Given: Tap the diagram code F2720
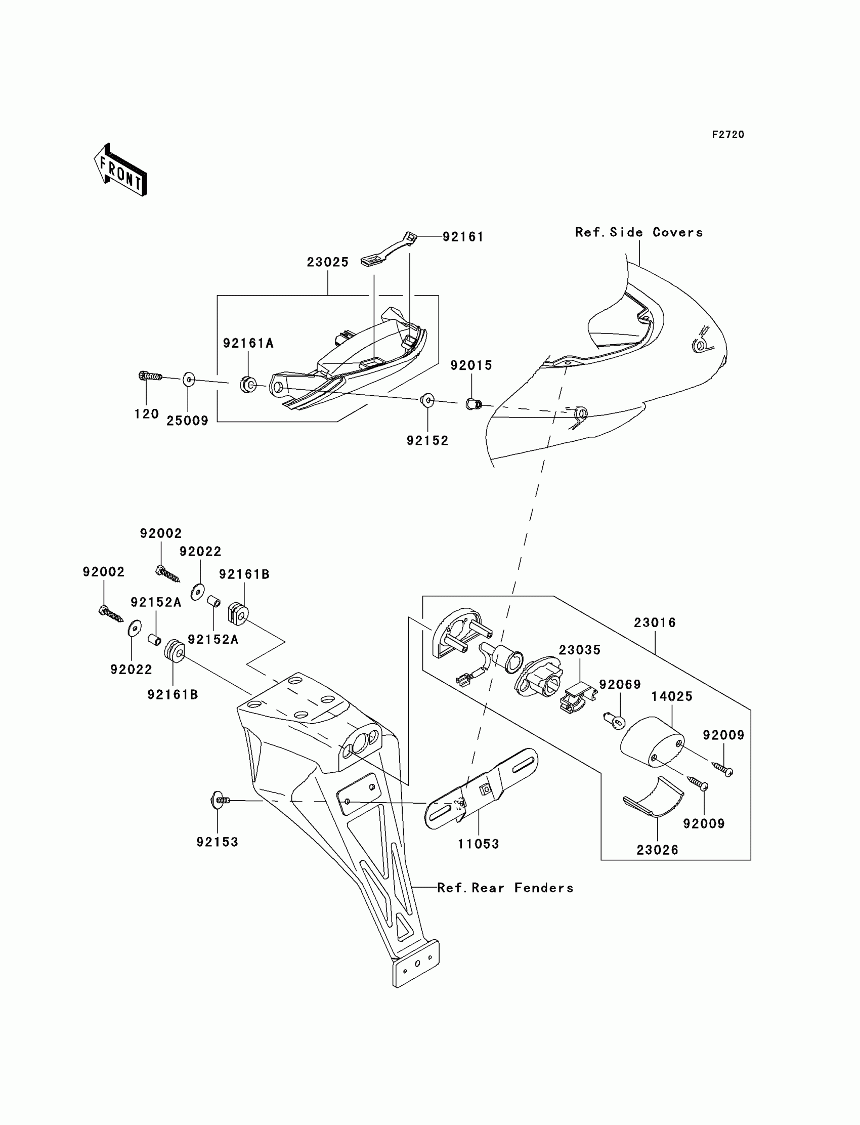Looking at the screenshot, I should (x=727, y=135).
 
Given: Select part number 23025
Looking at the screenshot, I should (x=328, y=262).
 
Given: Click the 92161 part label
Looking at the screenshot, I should (x=463, y=236).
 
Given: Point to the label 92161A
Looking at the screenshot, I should (x=248, y=343).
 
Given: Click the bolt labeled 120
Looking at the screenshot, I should (x=149, y=377).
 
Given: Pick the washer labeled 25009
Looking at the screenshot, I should (x=188, y=380).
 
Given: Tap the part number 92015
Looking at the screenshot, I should (x=471, y=365).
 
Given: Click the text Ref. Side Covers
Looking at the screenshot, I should (x=638, y=232).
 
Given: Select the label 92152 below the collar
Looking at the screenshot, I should (x=427, y=441).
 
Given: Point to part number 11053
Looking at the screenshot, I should (x=478, y=844).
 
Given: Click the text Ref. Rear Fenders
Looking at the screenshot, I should (x=505, y=888).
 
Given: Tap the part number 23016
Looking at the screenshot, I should (x=655, y=622).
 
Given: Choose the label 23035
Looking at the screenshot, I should (x=579, y=650).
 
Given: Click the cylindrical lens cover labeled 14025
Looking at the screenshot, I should (x=651, y=741).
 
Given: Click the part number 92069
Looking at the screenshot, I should (x=620, y=685).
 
